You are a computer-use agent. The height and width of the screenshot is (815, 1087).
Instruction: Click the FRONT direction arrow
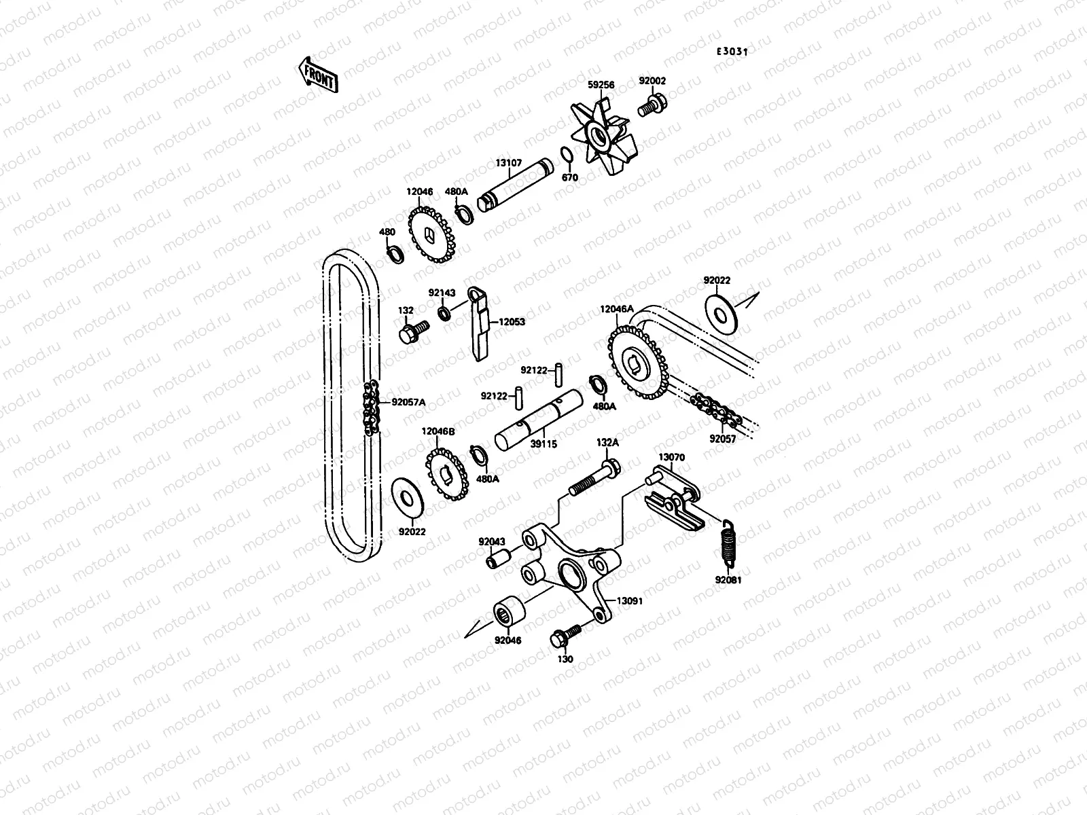(x=317, y=74)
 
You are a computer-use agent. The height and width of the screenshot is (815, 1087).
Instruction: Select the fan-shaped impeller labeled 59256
(x=601, y=140)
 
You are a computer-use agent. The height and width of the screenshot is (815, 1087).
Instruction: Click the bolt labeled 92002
(x=654, y=106)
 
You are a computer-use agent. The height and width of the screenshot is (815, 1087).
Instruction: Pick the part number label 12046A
(x=616, y=308)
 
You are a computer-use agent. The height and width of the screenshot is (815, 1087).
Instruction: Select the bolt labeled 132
(x=412, y=332)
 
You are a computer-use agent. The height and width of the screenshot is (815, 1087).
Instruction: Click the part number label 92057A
(x=408, y=401)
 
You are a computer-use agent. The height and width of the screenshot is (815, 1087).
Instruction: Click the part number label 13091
(x=629, y=601)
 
